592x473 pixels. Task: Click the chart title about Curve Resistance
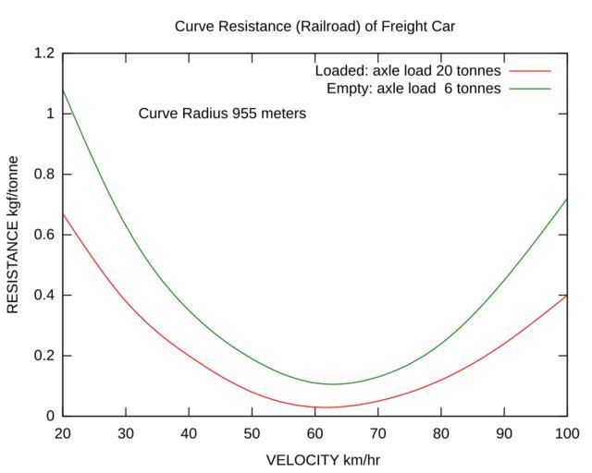[x=314, y=26]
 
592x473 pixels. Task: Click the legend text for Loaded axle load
[x=408, y=71]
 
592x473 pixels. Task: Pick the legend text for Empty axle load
[x=413, y=89]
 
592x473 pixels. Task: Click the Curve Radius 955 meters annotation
[x=222, y=114]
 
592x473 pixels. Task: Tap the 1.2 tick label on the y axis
[x=44, y=54]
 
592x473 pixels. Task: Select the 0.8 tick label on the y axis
[x=44, y=175]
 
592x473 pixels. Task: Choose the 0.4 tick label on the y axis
[x=44, y=296]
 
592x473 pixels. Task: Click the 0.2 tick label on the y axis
[x=44, y=356]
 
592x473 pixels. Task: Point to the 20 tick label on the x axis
[x=63, y=433]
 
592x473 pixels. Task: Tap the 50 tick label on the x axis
[x=252, y=433]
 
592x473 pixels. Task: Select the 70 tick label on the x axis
[x=377, y=433]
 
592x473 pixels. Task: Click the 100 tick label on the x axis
[x=566, y=433]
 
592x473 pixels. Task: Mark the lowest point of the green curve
[x=334, y=384]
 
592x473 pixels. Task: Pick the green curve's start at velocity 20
[x=64, y=91]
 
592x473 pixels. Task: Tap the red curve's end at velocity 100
[x=565, y=296]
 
